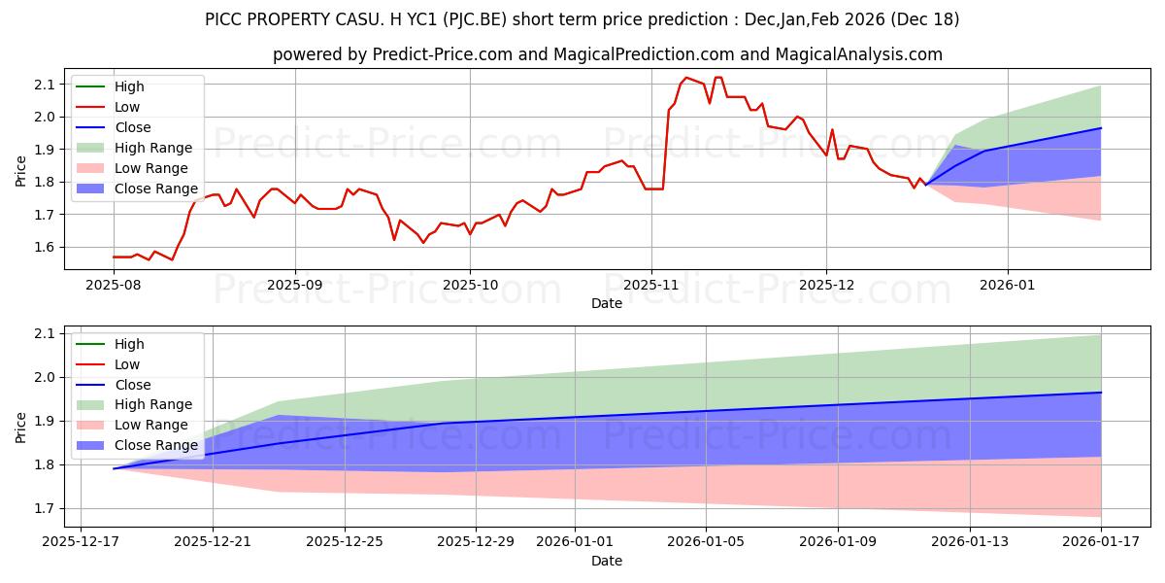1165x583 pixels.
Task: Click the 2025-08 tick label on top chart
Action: click(x=114, y=287)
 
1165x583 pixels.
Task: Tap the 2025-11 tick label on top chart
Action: click(x=651, y=287)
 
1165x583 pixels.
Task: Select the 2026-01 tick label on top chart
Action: click(x=1008, y=287)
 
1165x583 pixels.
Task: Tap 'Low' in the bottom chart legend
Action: click(x=127, y=364)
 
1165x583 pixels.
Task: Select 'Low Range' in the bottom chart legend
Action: click(x=151, y=426)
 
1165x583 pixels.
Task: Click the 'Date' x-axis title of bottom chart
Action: click(x=607, y=561)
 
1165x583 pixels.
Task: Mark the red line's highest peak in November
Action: click(x=686, y=78)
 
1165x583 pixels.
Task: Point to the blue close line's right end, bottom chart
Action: click(x=1101, y=393)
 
